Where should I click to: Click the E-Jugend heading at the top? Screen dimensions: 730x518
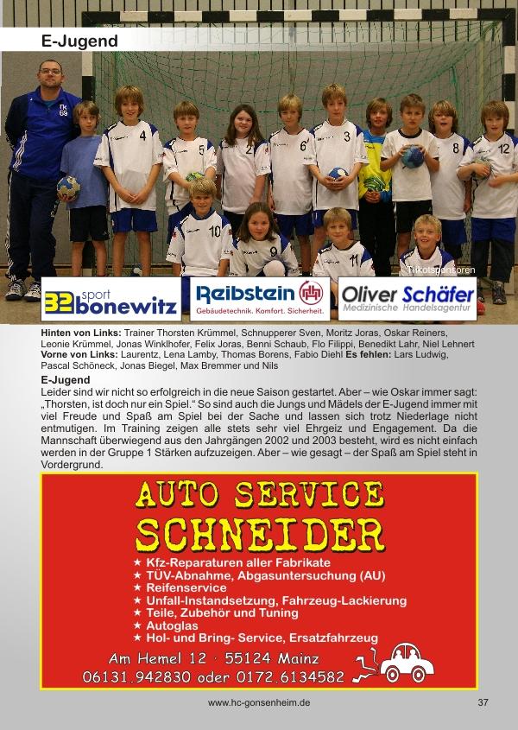(x=79, y=41)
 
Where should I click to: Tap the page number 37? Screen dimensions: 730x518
(x=483, y=703)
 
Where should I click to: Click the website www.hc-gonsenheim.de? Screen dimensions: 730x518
(x=259, y=703)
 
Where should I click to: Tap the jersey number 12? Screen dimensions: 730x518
(x=504, y=149)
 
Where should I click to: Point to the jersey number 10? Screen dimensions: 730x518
(x=215, y=232)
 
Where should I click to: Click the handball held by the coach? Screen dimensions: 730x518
(x=68, y=186)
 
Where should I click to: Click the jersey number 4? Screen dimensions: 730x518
(x=142, y=136)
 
